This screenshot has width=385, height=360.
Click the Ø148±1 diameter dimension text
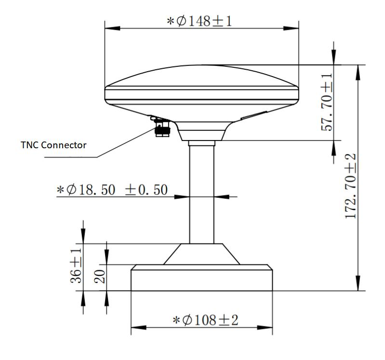(x=199, y=22)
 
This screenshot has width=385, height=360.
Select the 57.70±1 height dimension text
(x=327, y=102)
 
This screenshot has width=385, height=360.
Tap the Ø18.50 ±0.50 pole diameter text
(x=112, y=190)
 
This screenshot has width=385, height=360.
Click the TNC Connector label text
(x=53, y=145)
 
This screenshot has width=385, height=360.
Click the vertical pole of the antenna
(x=201, y=193)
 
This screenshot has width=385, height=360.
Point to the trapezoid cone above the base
(x=201, y=254)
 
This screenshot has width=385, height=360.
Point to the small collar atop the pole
(x=201, y=143)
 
